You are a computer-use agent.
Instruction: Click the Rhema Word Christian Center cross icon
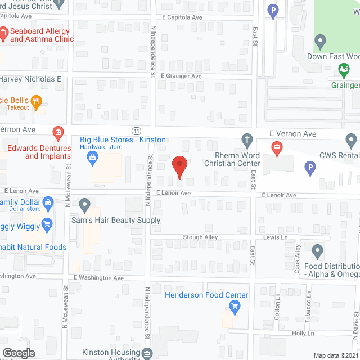[246, 139]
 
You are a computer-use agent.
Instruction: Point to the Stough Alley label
[200, 237]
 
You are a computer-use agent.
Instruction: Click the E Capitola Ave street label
[181, 17]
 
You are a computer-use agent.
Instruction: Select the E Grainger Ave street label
[181, 76]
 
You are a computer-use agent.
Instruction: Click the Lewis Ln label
[276, 237]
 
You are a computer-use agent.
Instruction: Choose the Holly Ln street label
[303, 333]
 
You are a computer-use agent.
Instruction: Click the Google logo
[19, 353]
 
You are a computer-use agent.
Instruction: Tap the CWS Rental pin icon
[352, 139]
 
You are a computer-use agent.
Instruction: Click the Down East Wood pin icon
[320, 41]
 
